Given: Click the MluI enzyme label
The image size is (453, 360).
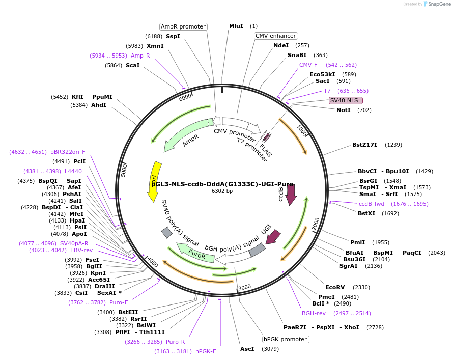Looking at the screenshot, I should [236, 26].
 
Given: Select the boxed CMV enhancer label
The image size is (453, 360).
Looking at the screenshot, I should [275, 36].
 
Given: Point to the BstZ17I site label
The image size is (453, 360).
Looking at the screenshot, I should [365, 145].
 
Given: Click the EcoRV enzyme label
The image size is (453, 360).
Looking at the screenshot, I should [335, 287].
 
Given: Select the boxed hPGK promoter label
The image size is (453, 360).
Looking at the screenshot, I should [285, 339].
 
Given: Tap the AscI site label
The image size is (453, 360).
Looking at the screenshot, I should [247, 349].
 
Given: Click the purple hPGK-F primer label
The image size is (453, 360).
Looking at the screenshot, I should [206, 351].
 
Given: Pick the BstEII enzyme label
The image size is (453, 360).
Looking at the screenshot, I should [128, 312].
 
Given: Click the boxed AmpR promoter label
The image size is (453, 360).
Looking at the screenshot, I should [183, 26].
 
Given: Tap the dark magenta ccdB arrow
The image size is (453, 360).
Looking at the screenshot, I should [291, 194].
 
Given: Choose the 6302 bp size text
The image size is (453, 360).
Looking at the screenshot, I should [222, 191].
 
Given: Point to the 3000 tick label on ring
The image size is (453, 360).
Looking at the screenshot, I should [245, 287].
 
